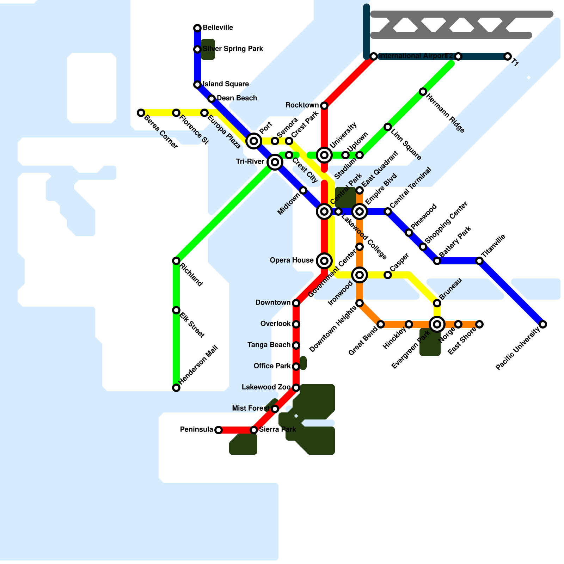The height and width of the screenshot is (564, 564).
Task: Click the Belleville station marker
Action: point(197,28)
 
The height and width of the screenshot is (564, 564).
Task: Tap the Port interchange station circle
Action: point(254,141)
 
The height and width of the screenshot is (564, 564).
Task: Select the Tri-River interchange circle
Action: point(275,162)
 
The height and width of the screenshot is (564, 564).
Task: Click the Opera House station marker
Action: point(324,261)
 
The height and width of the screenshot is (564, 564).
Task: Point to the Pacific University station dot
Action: point(543,324)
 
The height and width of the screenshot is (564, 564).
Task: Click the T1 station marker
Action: point(508,56)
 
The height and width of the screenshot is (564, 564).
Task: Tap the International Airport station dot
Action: point(374,56)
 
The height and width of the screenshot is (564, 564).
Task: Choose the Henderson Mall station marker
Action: point(176,388)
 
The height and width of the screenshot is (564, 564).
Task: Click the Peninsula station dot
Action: point(219,430)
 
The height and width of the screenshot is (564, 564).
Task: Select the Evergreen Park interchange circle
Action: point(437,324)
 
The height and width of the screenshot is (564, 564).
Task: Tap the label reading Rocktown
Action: point(302,105)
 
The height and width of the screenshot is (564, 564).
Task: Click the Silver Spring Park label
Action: point(233,49)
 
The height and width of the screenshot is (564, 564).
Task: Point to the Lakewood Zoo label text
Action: point(266,387)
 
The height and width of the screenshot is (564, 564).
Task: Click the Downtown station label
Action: point(273,302)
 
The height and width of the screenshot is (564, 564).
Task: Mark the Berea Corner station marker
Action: point(141,113)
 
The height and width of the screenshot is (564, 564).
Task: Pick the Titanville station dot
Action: point(479,261)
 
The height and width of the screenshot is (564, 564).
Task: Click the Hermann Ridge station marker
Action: point(423,92)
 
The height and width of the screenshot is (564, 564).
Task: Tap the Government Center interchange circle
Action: point(360,275)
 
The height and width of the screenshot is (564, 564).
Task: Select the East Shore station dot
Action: point(479,324)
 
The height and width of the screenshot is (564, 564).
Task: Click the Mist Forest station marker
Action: point(275,409)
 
